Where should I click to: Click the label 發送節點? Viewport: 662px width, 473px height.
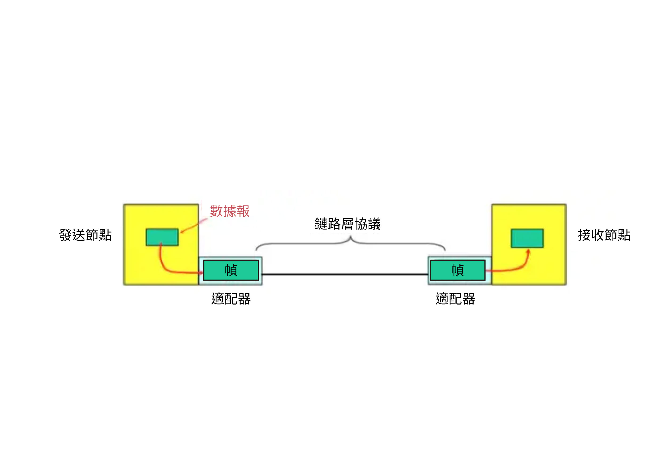[85, 235]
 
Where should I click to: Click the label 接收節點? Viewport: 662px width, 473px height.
[604, 235]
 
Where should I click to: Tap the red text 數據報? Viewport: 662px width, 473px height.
[230, 211]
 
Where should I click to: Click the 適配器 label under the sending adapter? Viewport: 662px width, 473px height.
[231, 299]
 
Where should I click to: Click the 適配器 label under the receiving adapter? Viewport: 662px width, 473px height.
[455, 299]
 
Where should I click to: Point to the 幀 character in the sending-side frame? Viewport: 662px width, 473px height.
[231, 270]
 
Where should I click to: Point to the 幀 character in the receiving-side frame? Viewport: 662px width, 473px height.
[458, 270]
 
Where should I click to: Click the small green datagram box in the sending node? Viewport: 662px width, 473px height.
[162, 237]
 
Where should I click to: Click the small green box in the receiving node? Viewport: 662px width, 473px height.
[527, 238]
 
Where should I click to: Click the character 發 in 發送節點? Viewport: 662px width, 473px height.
[66, 235]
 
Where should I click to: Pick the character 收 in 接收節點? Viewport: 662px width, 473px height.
[597, 235]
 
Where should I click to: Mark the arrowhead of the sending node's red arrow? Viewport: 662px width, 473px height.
[201, 273]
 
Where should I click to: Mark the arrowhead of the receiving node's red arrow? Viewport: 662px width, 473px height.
[528, 251]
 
